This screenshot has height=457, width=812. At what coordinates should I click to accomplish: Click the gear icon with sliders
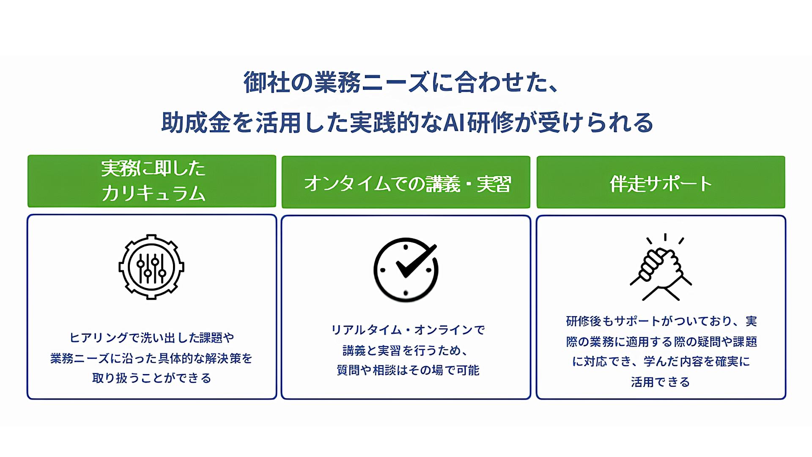point(151,267)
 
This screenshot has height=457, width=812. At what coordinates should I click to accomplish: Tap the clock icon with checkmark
point(406,270)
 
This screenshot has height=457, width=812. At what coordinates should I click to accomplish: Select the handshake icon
point(661,267)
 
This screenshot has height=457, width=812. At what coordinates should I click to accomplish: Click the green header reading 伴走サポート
point(661,182)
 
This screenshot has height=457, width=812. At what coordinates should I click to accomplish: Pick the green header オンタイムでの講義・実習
point(406,183)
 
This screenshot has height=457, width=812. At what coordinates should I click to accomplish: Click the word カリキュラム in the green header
point(153,193)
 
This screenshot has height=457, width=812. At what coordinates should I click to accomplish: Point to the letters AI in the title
point(454,123)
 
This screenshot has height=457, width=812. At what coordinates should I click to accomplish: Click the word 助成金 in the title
point(196,123)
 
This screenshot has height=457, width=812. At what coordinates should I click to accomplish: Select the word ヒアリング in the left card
point(99,338)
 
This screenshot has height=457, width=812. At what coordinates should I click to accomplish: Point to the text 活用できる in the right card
point(660,382)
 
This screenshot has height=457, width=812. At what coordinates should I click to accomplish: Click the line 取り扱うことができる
point(151,378)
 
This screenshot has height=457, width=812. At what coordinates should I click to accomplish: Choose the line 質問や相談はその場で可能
point(408,370)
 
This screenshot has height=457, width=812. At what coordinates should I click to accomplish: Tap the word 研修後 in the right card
point(584,321)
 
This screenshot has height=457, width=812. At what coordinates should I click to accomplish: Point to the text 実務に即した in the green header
point(153,168)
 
